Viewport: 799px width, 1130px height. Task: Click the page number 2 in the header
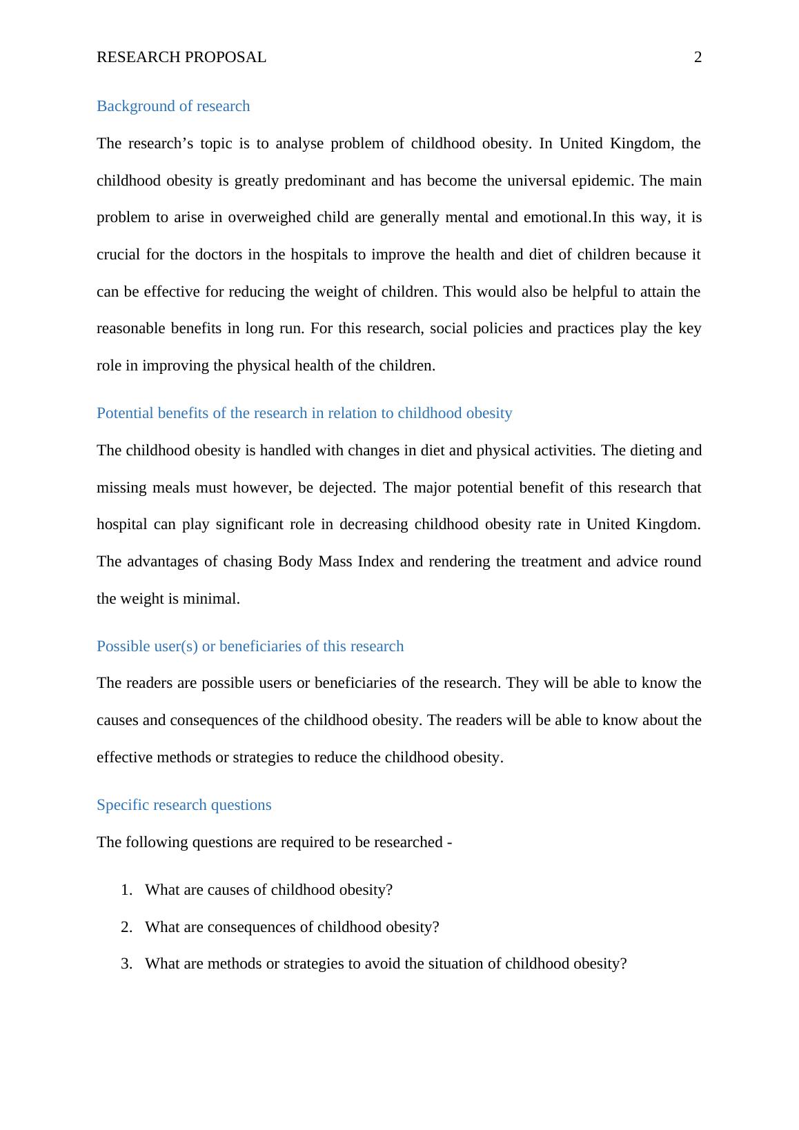[698, 58]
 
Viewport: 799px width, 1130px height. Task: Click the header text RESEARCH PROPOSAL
[181, 58]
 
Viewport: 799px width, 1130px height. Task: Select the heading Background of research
[173, 106]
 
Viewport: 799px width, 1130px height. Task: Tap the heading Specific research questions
[184, 805]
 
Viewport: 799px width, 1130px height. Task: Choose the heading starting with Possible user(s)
[250, 646]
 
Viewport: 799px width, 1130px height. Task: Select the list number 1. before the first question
[126, 890]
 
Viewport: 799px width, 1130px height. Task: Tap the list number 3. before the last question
[126, 964]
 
